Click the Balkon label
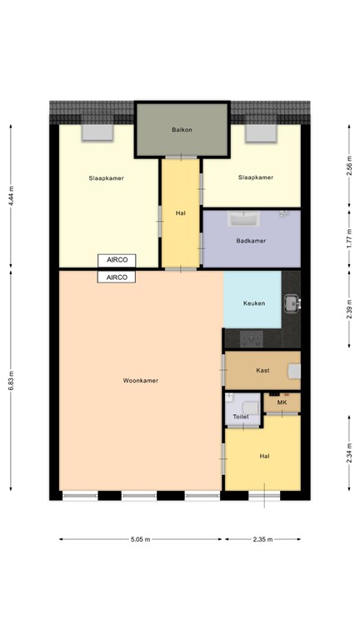point(182,130)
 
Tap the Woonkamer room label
point(140,380)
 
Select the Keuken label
point(254,303)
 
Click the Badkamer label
point(251,241)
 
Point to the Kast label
point(262,371)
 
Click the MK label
point(282,402)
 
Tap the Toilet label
point(241,417)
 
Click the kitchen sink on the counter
point(292,303)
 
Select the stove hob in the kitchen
point(251,339)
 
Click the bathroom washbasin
point(242,219)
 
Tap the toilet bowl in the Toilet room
point(250,407)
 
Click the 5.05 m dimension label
point(140,539)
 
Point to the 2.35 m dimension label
point(262,539)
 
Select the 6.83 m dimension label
point(11,380)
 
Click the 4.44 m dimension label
point(11,196)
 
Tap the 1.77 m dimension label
point(349,240)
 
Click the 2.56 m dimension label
point(349,166)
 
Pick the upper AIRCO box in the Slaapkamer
point(117,260)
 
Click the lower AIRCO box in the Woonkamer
point(117,277)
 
